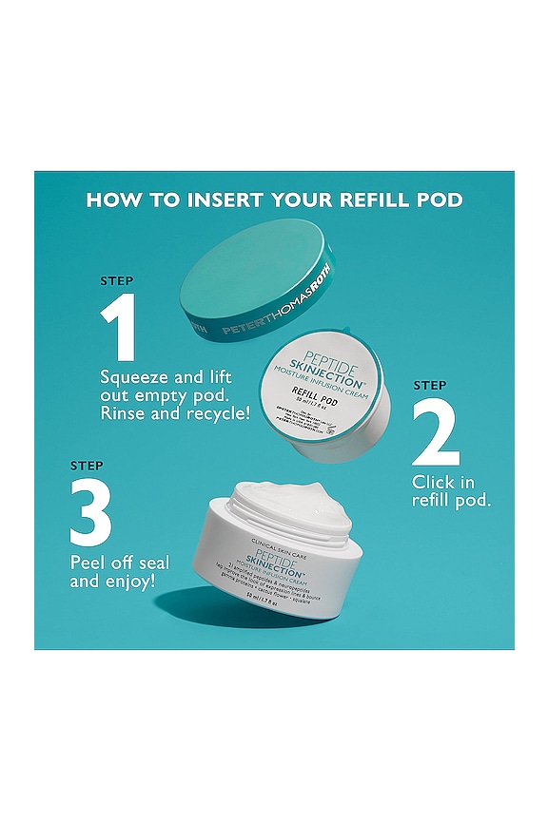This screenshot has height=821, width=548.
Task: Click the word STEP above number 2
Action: coord(430,385)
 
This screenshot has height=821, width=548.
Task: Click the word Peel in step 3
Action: coord(88,561)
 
